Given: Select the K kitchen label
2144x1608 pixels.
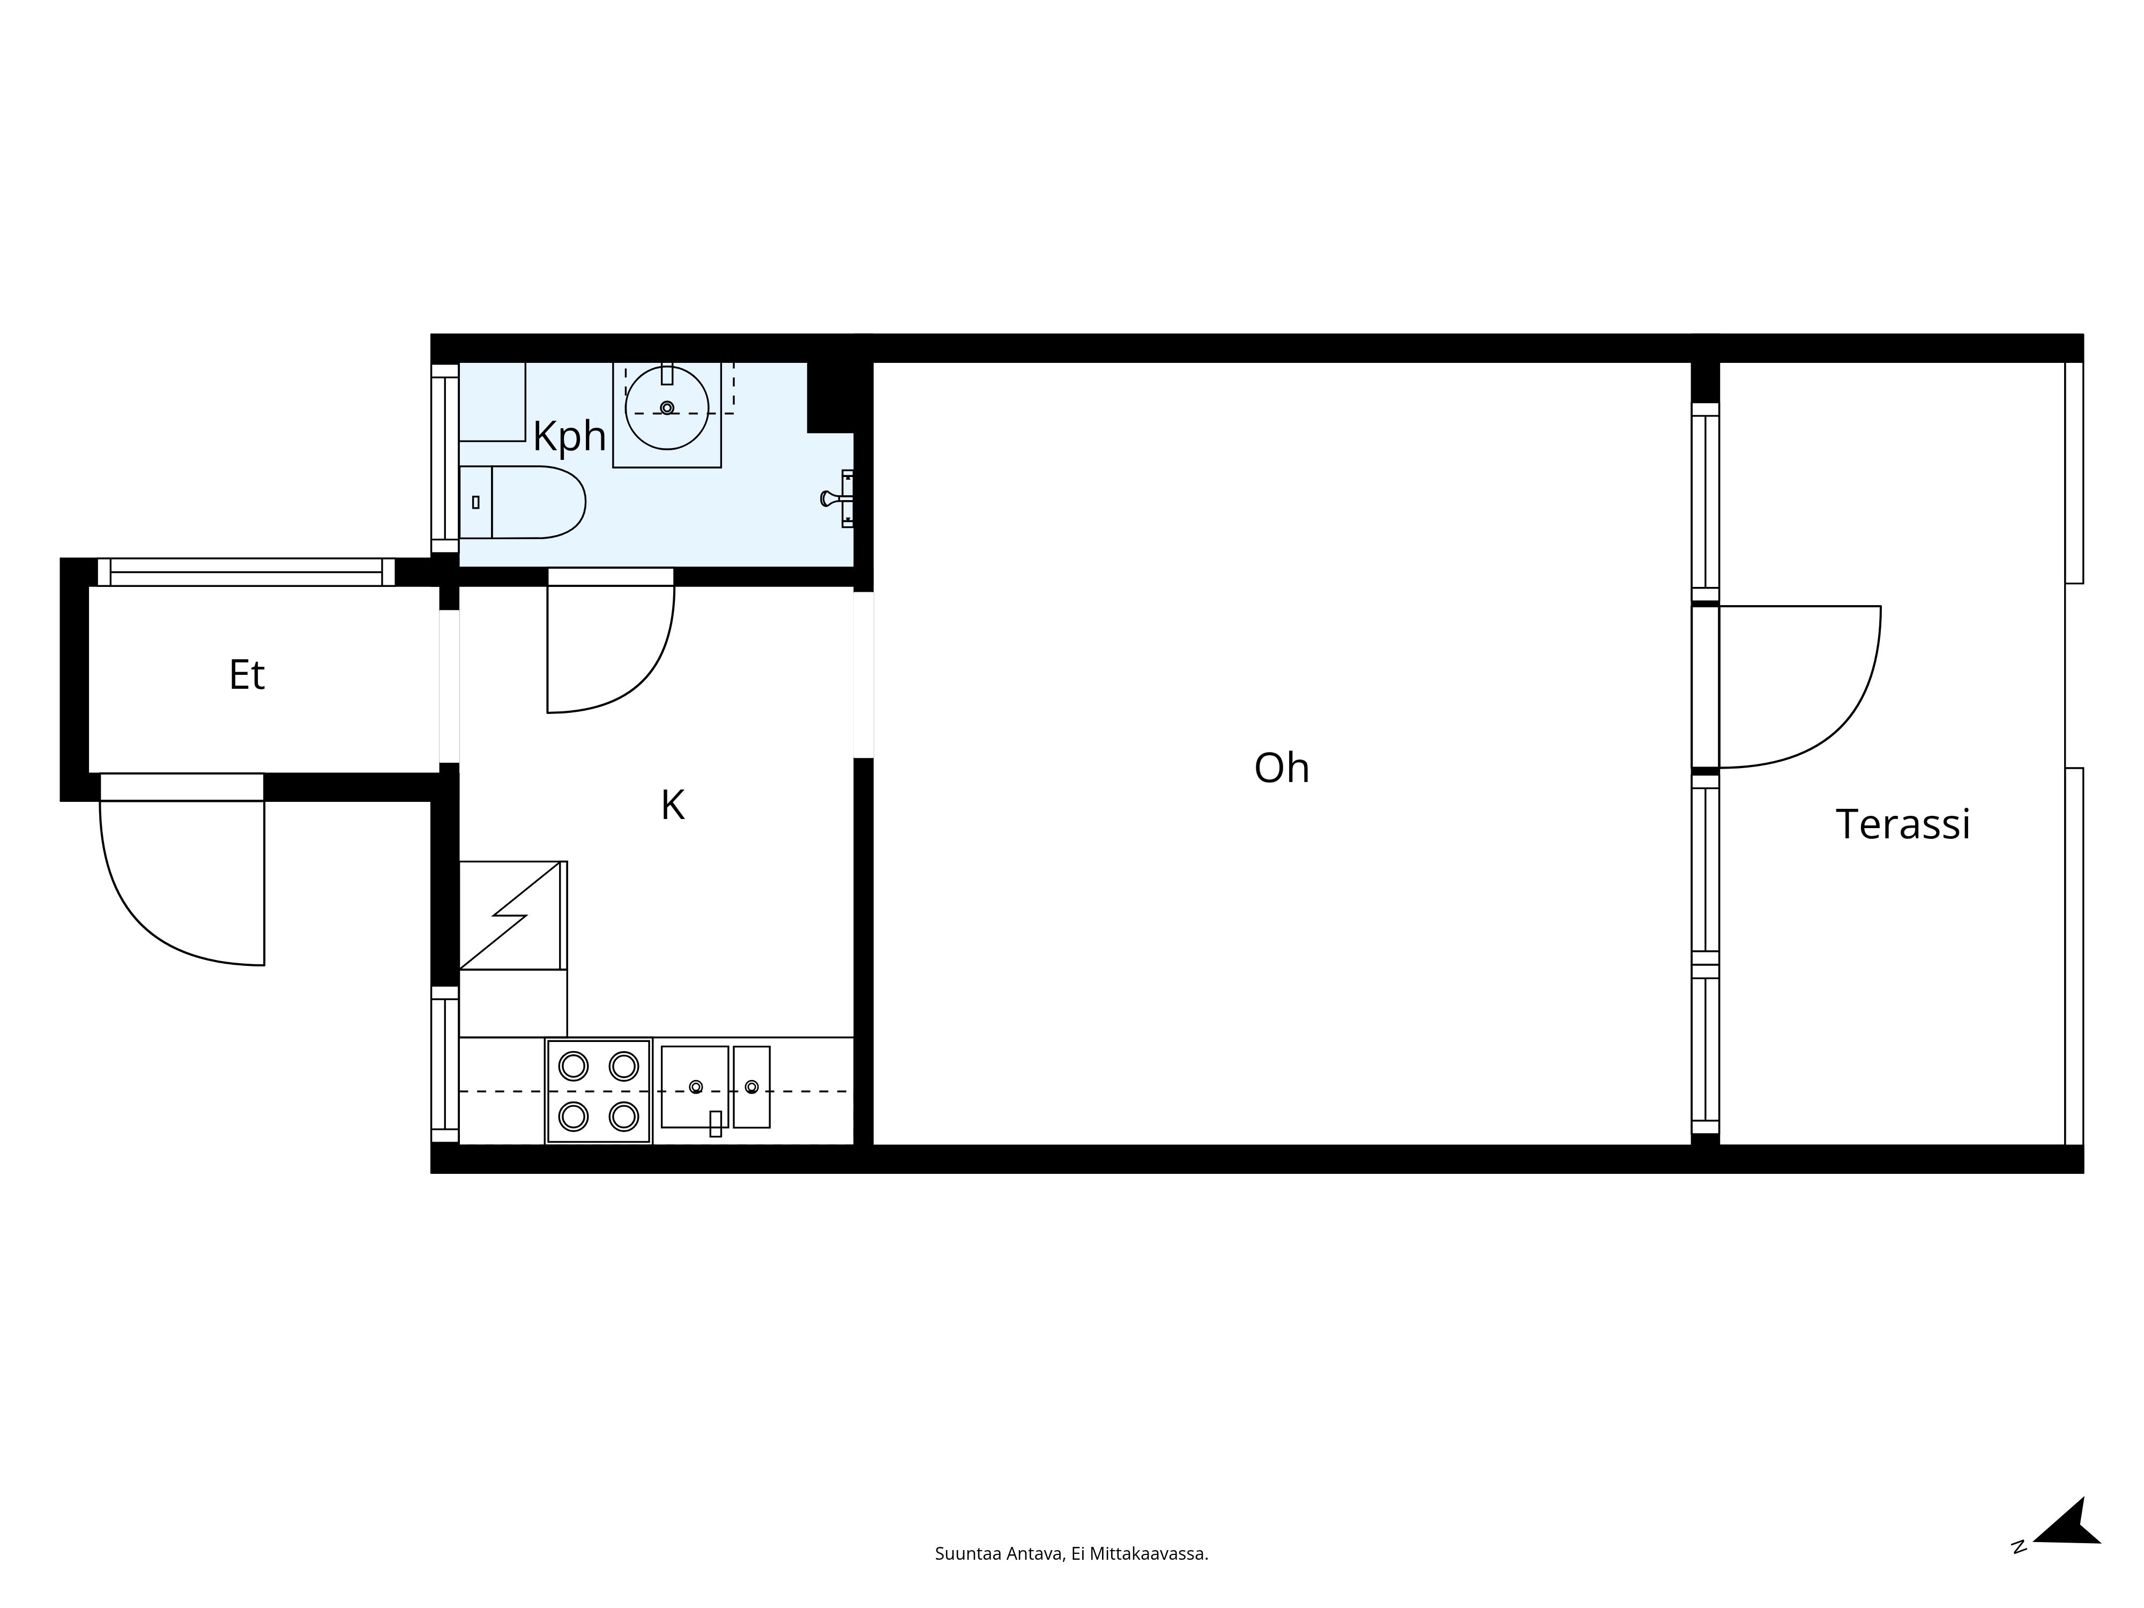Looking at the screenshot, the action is (673, 805).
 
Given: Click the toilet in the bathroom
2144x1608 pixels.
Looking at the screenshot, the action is (523, 502).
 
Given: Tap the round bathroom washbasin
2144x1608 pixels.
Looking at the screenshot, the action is (667, 408).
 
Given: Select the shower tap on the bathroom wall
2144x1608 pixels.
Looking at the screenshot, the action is (837, 498).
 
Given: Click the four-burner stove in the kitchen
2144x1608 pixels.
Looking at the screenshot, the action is (598, 1091).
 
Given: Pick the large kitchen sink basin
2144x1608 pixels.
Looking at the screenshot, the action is (694, 1086).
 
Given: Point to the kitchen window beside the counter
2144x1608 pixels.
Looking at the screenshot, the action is (445, 1064).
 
